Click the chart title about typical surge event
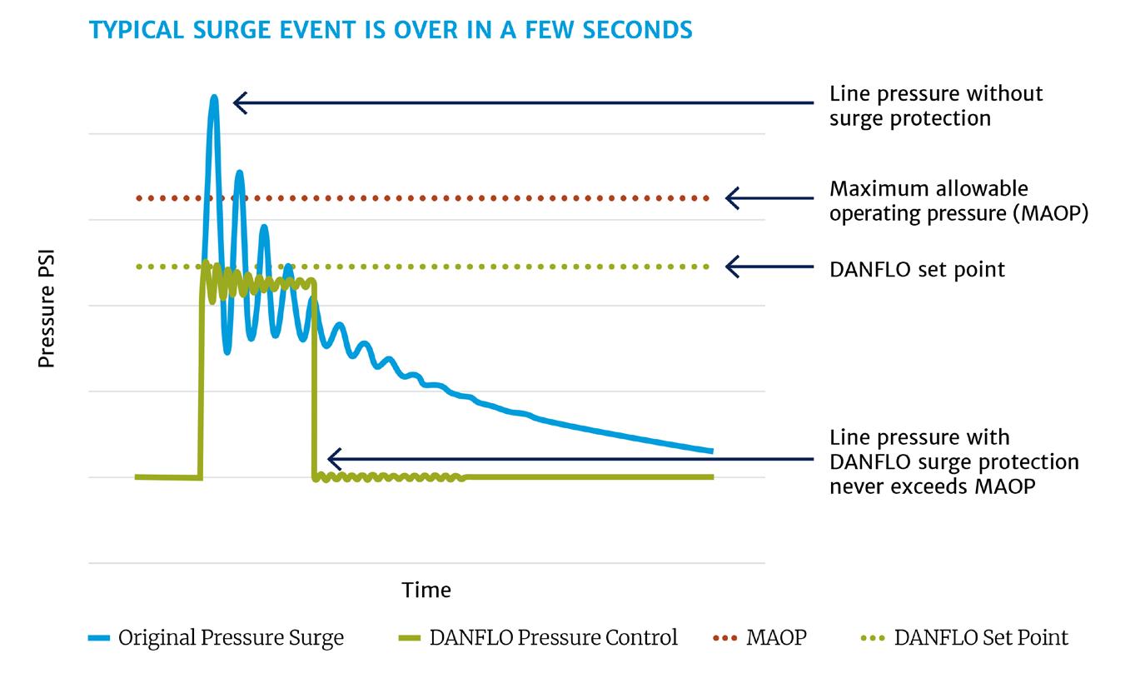(x=391, y=30)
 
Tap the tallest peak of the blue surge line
(x=214, y=99)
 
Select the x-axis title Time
(x=426, y=590)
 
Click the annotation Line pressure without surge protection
(x=935, y=106)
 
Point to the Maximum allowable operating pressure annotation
(x=958, y=201)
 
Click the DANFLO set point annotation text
(x=917, y=269)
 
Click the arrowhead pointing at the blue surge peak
(x=239, y=102)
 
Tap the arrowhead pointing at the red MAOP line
(x=731, y=198)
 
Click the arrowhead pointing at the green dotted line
(x=731, y=267)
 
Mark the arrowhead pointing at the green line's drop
(x=333, y=459)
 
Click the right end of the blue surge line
(x=711, y=451)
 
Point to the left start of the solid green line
(x=138, y=476)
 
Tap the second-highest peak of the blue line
(x=240, y=173)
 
